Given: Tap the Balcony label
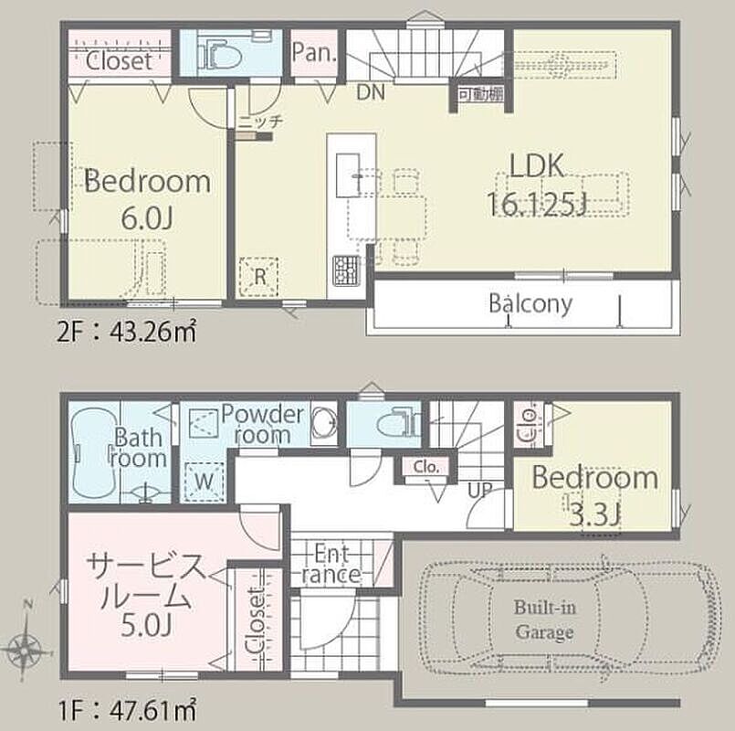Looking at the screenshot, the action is (530, 303).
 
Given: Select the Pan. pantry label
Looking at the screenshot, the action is (314, 52).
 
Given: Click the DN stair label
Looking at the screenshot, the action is (371, 92).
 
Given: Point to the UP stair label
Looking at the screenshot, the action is (479, 491).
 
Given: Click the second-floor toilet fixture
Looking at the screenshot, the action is (219, 54).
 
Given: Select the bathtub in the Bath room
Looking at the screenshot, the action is (93, 450).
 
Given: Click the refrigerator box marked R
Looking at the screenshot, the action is (258, 276).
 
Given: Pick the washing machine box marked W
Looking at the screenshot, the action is (204, 482).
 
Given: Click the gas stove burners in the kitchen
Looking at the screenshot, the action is (345, 270).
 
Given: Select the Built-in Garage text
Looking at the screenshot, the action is (544, 620).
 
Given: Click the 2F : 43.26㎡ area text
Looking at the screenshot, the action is (126, 333).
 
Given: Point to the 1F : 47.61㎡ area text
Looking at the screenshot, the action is (127, 710).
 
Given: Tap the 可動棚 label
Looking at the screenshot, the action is (481, 94).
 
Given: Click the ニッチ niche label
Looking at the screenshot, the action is (260, 122).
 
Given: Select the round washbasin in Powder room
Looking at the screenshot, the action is (323, 421).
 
